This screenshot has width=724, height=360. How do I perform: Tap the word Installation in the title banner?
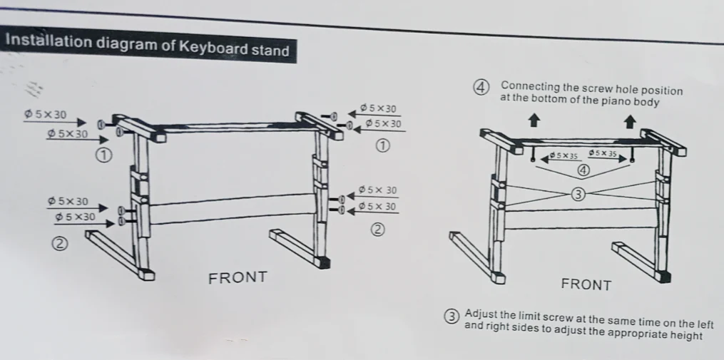pyautogui.click(x=49, y=41)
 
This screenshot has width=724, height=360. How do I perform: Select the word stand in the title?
pyautogui.click(x=270, y=49)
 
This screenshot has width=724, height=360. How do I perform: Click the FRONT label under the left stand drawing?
pyautogui.click(x=238, y=278)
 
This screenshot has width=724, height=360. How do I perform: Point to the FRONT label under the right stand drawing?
pyautogui.click(x=586, y=284)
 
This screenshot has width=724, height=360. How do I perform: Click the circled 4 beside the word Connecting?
pyautogui.click(x=481, y=88)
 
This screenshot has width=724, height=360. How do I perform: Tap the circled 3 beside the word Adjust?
pyautogui.click(x=452, y=317)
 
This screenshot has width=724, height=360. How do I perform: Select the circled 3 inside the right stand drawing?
pyautogui.click(x=578, y=195)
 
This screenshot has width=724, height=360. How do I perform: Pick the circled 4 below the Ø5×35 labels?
pyautogui.click(x=583, y=170)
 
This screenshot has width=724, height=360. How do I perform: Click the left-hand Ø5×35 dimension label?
pyautogui.click(x=564, y=155)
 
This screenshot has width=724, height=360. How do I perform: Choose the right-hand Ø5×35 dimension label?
pyautogui.click(x=603, y=153)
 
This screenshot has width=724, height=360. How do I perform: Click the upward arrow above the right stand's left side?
pyautogui.click(x=534, y=121)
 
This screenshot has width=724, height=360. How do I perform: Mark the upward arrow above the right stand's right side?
pyautogui.click(x=630, y=122)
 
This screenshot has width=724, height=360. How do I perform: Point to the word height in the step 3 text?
pyautogui.click(x=686, y=336)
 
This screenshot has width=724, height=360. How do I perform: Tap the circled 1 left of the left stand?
pyautogui.click(x=104, y=155)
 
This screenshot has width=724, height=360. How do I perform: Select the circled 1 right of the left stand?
pyautogui.click(x=382, y=146)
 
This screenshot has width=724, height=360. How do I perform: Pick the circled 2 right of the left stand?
pyautogui.click(x=378, y=230)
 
